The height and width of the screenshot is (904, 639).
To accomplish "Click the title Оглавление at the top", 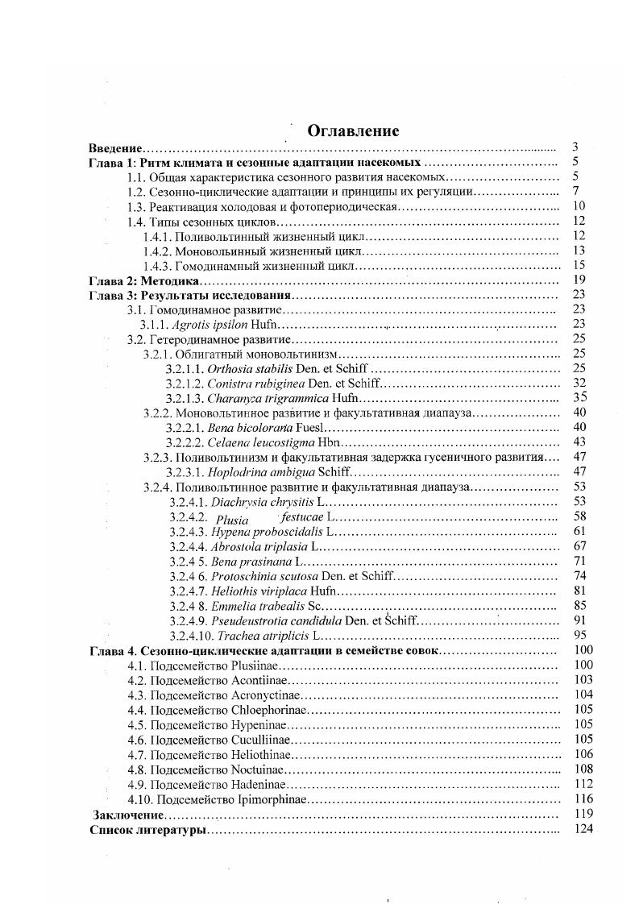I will (353, 131).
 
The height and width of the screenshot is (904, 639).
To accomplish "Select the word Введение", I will (115, 148).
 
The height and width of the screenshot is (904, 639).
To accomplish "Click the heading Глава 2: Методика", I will (143, 280).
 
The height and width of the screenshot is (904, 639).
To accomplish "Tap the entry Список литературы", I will (147, 830).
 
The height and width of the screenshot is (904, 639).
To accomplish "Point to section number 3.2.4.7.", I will (188, 591).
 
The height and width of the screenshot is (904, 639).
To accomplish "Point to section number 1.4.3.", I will (157, 266).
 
